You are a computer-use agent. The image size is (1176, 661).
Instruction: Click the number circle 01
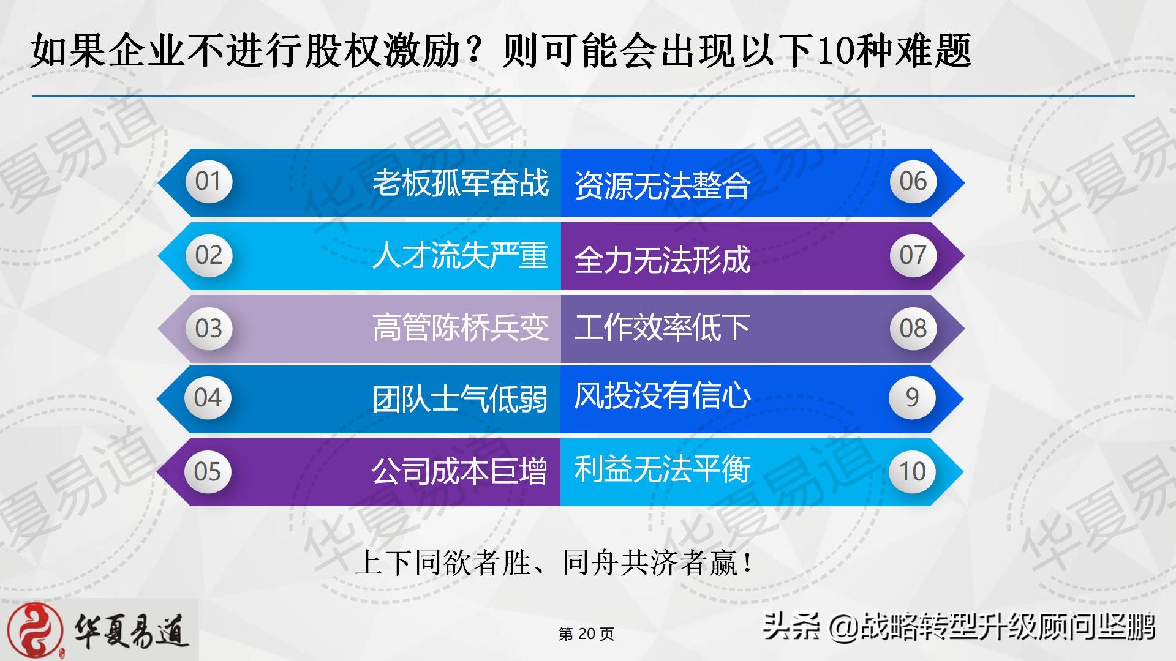[x=209, y=182]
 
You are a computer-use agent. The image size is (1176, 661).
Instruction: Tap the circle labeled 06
[x=913, y=182]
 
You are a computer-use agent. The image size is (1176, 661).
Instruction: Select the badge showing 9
[x=912, y=398]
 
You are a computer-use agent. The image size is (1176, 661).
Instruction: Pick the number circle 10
[x=912, y=471]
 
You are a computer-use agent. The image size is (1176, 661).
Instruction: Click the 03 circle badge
[x=209, y=329]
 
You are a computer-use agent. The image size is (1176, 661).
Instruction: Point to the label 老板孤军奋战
[x=461, y=182]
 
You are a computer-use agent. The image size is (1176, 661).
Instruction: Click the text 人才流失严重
[x=460, y=255]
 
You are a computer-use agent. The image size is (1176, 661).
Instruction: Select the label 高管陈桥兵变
[x=461, y=327]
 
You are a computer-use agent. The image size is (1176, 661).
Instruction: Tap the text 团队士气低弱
[x=460, y=399]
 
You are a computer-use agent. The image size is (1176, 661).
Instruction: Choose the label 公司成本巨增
[x=459, y=471]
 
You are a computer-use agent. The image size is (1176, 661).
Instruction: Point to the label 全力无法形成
[x=662, y=260]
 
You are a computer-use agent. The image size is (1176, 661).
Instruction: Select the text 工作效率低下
[x=662, y=327]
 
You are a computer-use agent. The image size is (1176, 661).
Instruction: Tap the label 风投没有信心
[x=662, y=395]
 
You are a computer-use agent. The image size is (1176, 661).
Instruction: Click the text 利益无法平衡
[x=662, y=469]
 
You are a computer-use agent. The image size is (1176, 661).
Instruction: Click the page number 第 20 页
[x=586, y=633]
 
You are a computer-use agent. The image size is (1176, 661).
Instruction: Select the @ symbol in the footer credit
[x=844, y=627]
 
